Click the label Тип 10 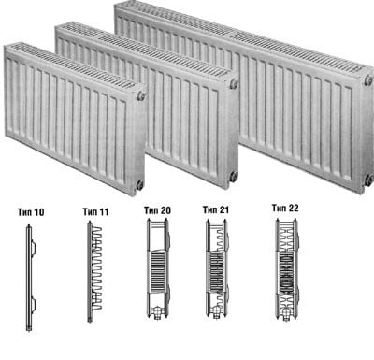(x=31, y=212)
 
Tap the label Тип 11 (x=95, y=212)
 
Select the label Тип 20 (x=157, y=210)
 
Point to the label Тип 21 (x=216, y=209)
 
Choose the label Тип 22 (x=285, y=208)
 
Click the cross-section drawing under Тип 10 (x=30, y=278)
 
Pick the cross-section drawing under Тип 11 (x=94, y=271)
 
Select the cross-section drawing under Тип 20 (x=158, y=268)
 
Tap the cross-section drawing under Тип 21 (x=217, y=268)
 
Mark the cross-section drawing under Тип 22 (x=287, y=269)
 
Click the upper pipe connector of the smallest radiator (x=141, y=95)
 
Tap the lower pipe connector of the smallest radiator (x=140, y=184)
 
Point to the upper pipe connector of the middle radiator (x=234, y=84)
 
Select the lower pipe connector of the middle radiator (x=234, y=176)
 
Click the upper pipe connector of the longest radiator (x=368, y=79)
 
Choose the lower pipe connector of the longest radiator (x=369, y=180)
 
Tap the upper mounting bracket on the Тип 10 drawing (x=33, y=248)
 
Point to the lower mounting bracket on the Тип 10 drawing (x=33, y=305)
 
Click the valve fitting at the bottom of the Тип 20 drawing (x=158, y=312)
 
